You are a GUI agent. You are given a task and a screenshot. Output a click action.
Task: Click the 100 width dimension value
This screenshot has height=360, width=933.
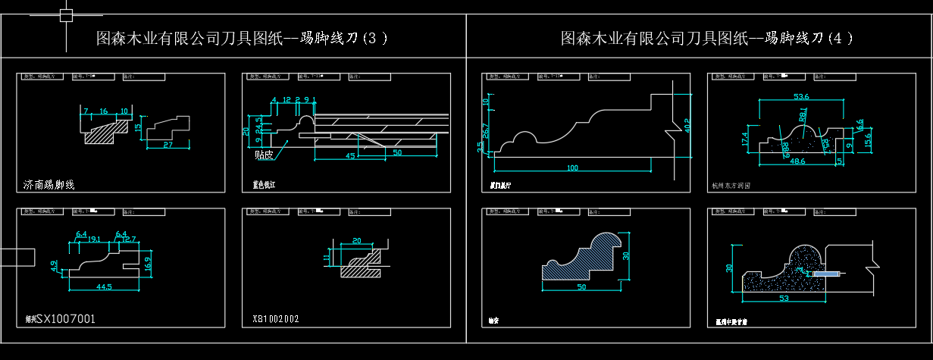tap(571, 167)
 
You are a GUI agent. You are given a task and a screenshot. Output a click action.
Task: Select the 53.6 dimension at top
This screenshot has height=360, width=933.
tap(801, 96)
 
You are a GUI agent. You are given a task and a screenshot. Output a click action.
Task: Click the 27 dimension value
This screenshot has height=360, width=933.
tap(168, 144)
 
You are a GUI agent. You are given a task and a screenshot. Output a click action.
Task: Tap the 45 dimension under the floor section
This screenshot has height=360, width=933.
tap(349, 156)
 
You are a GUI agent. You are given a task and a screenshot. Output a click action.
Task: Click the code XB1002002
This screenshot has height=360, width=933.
tap(276, 319)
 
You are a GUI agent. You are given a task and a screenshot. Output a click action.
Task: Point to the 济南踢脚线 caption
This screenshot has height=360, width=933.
tap(49, 185)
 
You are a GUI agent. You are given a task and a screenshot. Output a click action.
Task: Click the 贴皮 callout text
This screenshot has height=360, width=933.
tap(264, 155)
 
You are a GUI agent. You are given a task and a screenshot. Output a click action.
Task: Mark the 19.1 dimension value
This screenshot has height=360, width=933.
tap(95, 239)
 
